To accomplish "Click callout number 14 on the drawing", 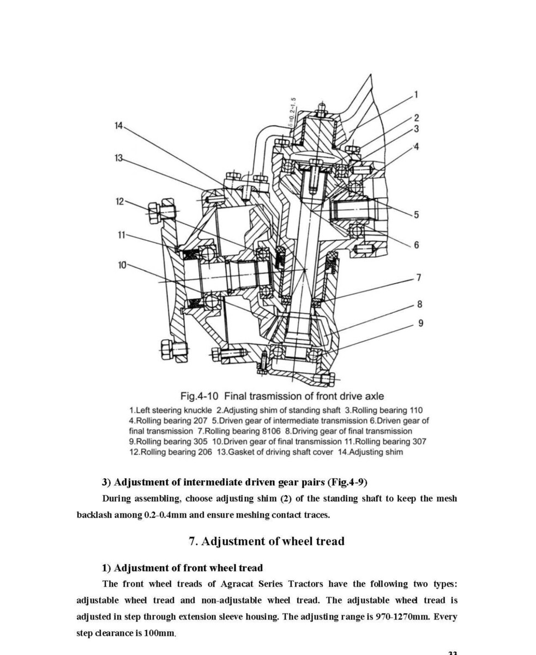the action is (119, 126).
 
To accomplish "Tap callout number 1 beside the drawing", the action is (416, 94).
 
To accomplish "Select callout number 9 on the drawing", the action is (420, 323).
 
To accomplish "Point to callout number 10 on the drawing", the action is (122, 265).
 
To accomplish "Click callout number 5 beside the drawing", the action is (416, 215).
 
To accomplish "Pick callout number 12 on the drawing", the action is (120, 201).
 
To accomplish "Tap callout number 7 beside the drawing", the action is (418, 277).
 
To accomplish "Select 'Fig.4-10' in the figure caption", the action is (200, 396).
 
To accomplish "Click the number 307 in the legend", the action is (419, 442).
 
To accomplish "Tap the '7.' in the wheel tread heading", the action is (193, 541).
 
